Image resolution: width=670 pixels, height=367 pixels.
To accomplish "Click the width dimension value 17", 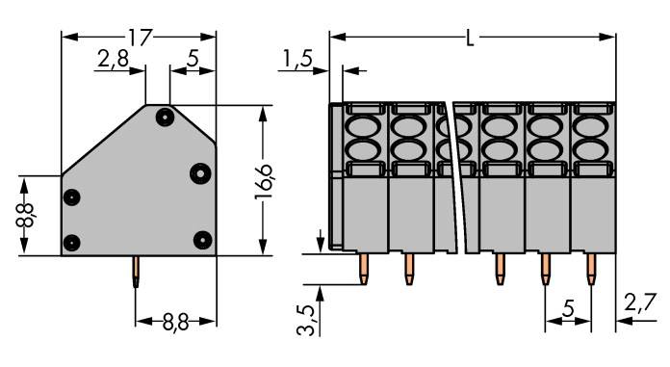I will (140, 38).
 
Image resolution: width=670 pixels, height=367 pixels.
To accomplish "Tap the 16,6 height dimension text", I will (265, 180).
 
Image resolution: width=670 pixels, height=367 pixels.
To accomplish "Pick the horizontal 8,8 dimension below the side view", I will (174, 322).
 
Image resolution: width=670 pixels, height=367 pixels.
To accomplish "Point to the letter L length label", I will (470, 39).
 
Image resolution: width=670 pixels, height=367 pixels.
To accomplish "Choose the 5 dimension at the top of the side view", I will (193, 60).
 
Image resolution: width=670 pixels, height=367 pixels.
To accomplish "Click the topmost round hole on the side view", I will (166, 118).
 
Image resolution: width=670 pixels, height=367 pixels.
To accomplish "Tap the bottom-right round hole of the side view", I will (201, 239).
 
